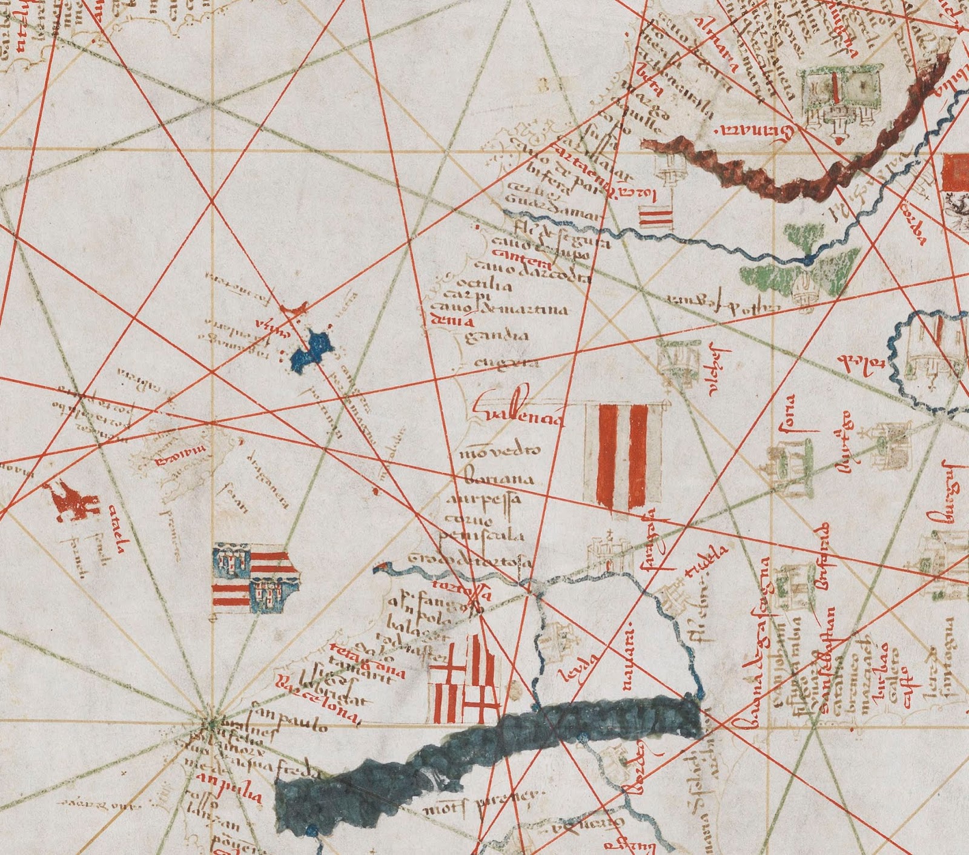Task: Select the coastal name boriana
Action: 500,480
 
